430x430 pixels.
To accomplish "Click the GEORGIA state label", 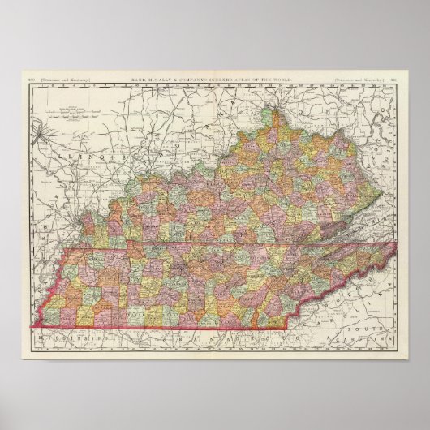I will pyautogui.click(x=296, y=333).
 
